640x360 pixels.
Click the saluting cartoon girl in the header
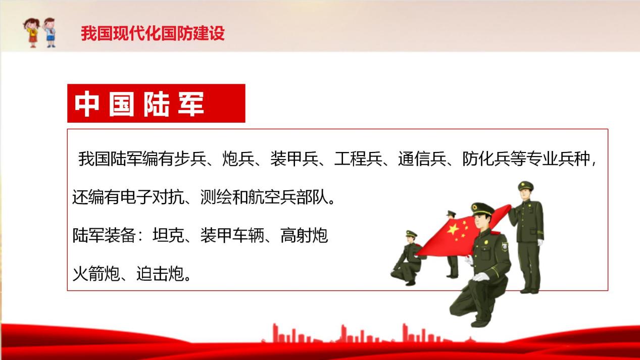point(31,32)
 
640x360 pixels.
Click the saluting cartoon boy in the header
point(50,32)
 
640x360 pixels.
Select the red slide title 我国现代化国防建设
point(153,33)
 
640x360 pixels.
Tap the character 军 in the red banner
point(190,104)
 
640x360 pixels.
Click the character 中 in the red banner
point(87,104)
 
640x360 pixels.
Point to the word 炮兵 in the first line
point(238,159)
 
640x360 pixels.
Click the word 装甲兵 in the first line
point(294,159)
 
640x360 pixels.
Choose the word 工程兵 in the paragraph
point(358,159)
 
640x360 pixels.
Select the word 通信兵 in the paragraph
point(422,159)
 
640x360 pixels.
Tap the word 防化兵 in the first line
point(486,159)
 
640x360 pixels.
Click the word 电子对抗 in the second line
point(152,197)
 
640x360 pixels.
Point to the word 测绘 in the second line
point(216,197)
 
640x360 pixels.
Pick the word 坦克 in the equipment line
point(168,235)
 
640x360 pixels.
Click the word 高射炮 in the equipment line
point(304,235)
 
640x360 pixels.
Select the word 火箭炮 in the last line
point(96,274)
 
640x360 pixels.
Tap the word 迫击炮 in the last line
point(160,274)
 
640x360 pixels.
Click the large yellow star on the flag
point(453,229)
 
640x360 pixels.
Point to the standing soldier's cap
point(525,186)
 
